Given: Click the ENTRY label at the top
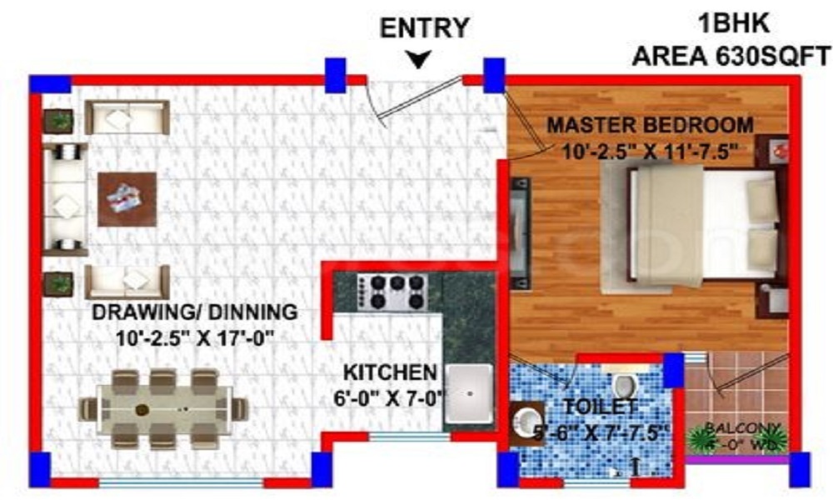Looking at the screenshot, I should [424, 27].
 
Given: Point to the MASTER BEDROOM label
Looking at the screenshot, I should [649, 126].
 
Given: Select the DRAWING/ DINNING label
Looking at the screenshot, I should [194, 313].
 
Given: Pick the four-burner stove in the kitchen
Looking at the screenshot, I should [393, 292].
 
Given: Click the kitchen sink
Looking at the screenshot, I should [471, 392].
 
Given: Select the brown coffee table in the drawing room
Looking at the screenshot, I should [127, 198].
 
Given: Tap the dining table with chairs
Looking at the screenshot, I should [164, 408].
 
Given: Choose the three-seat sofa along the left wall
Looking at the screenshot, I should [65, 199].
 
